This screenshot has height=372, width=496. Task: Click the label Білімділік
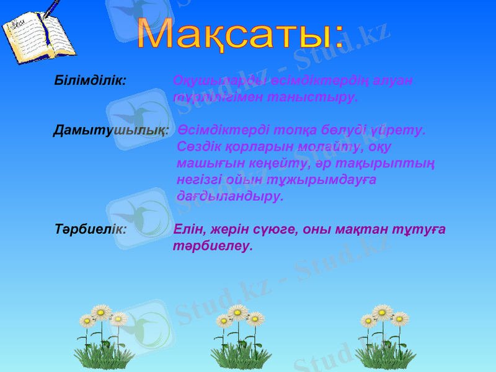[91, 81]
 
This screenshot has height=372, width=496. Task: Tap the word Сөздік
[198, 147]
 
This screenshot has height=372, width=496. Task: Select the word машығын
[204, 164]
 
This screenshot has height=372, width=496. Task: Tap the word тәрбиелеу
[213, 245]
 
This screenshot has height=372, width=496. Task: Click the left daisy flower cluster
[103, 334]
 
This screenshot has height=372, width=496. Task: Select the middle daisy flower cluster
[239, 334]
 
